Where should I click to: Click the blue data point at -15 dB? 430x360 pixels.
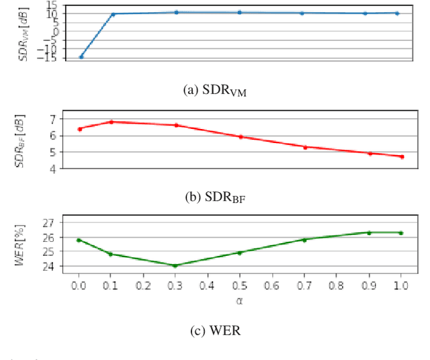point(81,56)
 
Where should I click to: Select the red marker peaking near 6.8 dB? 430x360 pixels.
point(112,122)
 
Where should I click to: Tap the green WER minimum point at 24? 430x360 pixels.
point(175,265)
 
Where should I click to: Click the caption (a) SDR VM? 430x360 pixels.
point(215,93)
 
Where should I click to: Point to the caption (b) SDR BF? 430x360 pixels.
point(215,197)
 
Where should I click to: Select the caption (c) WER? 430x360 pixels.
point(215,330)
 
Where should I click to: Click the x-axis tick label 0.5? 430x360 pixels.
point(240,286)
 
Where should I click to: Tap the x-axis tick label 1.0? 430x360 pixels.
point(401,286)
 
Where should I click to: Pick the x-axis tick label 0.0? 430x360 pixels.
point(79,286)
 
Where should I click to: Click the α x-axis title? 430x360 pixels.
point(240,300)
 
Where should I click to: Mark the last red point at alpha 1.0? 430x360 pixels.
point(402,156)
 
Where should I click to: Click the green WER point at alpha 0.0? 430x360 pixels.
point(79,240)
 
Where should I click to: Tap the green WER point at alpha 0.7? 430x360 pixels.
point(305,239)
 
